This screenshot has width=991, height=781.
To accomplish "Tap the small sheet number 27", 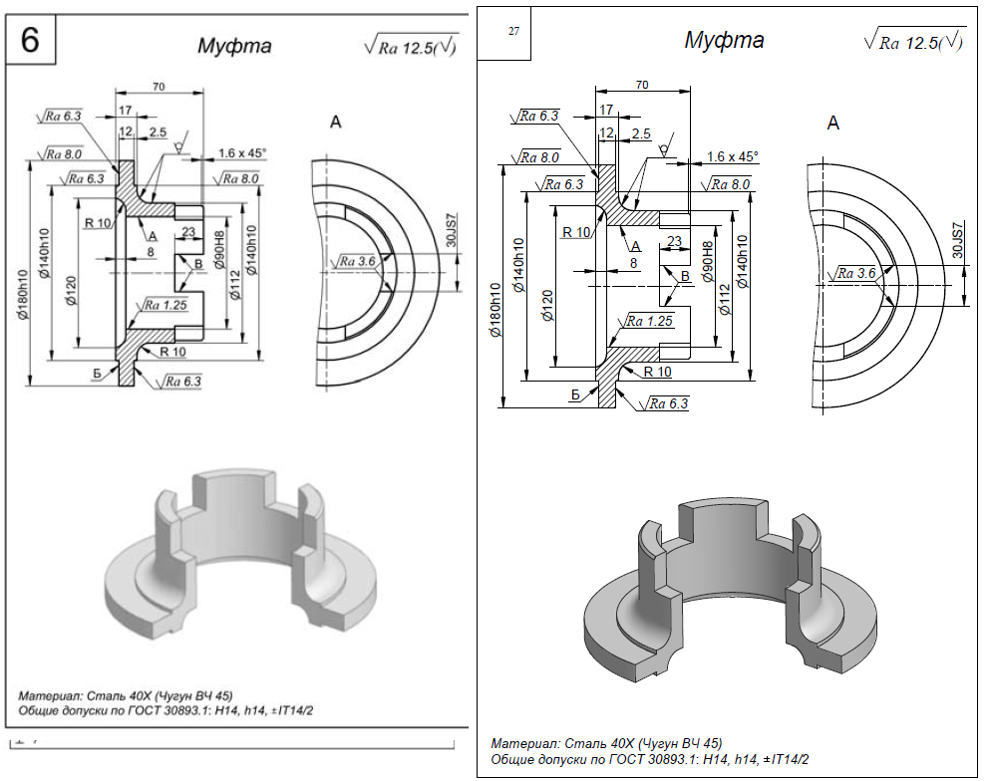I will coord(513,31).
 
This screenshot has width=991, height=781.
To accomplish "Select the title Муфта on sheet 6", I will coord(234,46).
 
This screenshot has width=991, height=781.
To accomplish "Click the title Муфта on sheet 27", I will coord(724,41).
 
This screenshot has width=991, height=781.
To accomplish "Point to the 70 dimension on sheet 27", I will coord(642,86).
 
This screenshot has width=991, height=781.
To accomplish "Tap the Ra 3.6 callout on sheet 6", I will coord(357,262).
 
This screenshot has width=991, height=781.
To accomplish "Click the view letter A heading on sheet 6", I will coord(336,123).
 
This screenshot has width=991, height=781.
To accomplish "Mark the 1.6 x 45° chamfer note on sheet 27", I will coord(732,156).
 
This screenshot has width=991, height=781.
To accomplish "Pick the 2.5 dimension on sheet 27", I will coord(641,132).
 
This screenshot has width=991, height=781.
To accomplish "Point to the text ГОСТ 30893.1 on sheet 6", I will coord(183,712).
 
